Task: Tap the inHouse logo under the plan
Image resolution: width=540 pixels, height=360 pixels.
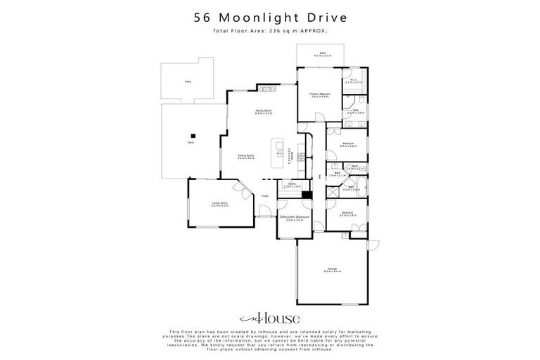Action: (x=269, y=317)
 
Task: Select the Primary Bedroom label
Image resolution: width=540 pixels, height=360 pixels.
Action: (x=319, y=95)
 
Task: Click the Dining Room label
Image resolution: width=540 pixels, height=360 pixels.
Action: (x=245, y=156)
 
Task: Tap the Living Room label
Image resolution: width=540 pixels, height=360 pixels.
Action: (x=220, y=204)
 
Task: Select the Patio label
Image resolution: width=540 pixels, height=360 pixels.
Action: (x=188, y=82)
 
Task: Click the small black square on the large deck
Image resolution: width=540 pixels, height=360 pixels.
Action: (x=192, y=136)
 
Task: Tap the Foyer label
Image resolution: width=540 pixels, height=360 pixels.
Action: (x=265, y=195)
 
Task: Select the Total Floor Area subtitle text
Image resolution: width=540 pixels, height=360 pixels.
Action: (x=269, y=31)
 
